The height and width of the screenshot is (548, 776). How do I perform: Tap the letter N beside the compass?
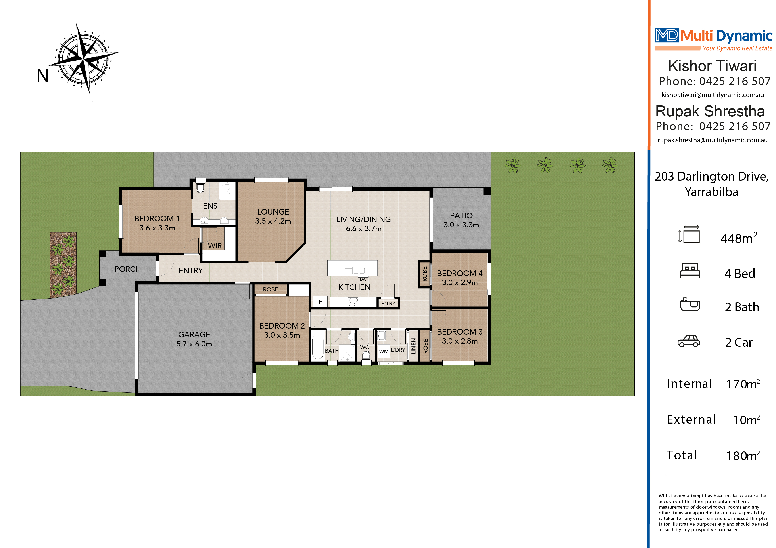tap(43, 76)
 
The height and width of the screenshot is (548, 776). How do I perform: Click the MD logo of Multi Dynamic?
tap(667, 35)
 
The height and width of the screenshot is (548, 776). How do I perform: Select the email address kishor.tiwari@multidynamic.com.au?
tap(713, 95)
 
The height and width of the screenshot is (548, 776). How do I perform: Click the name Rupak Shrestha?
tap(710, 111)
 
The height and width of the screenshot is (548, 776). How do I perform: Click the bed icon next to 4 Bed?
tap(690, 271)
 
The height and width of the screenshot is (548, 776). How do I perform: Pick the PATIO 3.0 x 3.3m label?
tap(461, 220)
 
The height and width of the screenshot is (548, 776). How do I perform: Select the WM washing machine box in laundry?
tap(384, 351)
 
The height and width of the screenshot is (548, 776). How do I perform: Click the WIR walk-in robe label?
tap(215, 246)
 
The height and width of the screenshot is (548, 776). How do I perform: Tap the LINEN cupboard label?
tap(413, 346)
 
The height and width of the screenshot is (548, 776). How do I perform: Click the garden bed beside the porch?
tap(63, 265)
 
